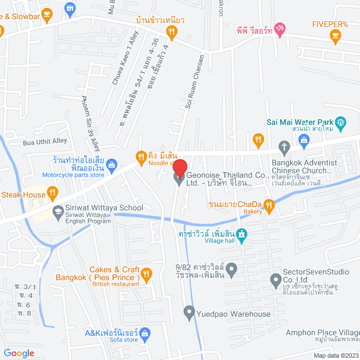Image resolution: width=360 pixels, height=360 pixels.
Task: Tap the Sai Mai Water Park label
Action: tap(299, 121)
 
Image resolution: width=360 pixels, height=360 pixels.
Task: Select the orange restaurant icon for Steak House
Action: tap(53, 195)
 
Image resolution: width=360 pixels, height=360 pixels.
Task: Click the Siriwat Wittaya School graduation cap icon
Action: tap(57, 211)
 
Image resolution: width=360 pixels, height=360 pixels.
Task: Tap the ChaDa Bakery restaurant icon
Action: tap(269, 208)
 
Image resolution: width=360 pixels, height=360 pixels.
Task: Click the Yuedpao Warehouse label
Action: tap(225, 314)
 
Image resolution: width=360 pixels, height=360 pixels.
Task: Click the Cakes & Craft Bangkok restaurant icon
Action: tap(147, 274)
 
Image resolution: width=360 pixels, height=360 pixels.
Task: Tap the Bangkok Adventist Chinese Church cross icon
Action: tap(285, 147)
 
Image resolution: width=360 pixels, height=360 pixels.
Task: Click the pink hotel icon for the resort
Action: tap(281, 29)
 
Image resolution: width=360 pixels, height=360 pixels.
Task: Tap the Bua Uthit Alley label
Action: tap(45, 143)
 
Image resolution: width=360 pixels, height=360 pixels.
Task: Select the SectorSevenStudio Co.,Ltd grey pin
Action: tap(276, 278)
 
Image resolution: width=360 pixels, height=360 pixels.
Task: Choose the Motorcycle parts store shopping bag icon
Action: tap(111, 164)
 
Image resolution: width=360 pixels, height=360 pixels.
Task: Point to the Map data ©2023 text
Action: tap(335, 355)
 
